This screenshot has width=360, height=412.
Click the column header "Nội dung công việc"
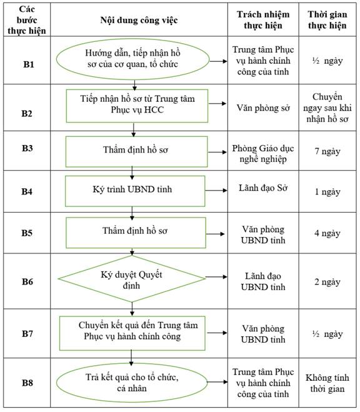(x=139, y=20)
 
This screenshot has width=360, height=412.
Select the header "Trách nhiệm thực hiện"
(x=263, y=20)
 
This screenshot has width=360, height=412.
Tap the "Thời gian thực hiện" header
(x=327, y=20)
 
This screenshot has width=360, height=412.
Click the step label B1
(x=29, y=64)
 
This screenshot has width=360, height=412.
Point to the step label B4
(x=27, y=191)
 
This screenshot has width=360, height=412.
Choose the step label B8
(x=27, y=383)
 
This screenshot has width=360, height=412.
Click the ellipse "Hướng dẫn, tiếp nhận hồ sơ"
(x=132, y=59)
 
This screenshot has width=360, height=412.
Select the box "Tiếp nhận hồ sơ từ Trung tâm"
(x=137, y=106)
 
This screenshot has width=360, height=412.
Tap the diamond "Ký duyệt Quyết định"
(x=131, y=279)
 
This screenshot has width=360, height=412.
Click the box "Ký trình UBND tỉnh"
(x=135, y=191)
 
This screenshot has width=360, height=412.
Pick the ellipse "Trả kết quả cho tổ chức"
(x=132, y=383)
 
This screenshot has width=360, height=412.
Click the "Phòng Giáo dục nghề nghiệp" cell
(x=263, y=154)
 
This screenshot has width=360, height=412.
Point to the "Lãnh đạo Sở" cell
(x=263, y=188)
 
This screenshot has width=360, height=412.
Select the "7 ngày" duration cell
(x=327, y=151)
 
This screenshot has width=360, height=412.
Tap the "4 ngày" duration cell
(x=327, y=233)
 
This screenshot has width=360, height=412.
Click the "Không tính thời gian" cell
(x=327, y=383)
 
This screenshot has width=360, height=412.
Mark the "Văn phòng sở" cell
(x=263, y=108)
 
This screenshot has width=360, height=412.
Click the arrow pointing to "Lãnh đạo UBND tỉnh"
(x=216, y=277)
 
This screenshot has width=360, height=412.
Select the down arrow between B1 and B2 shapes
(x=134, y=85)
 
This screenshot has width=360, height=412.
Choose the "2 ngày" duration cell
(x=327, y=282)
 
